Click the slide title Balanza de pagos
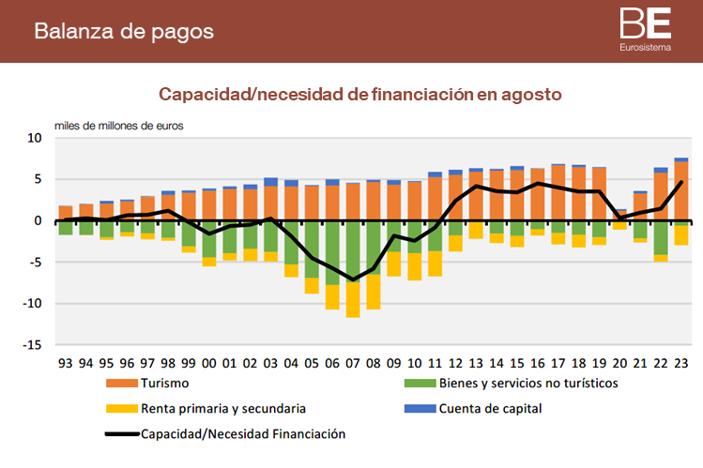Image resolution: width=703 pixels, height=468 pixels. click(124, 30)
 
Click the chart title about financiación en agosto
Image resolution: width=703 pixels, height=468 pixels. click(359, 95)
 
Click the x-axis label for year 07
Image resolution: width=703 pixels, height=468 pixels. click(353, 362)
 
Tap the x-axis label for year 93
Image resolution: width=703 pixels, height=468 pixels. click(66, 362)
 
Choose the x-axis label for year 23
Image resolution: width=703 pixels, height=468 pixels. click(681, 362)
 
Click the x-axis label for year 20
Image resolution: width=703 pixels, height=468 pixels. click(620, 362)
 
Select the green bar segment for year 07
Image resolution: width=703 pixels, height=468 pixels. click(353, 250)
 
